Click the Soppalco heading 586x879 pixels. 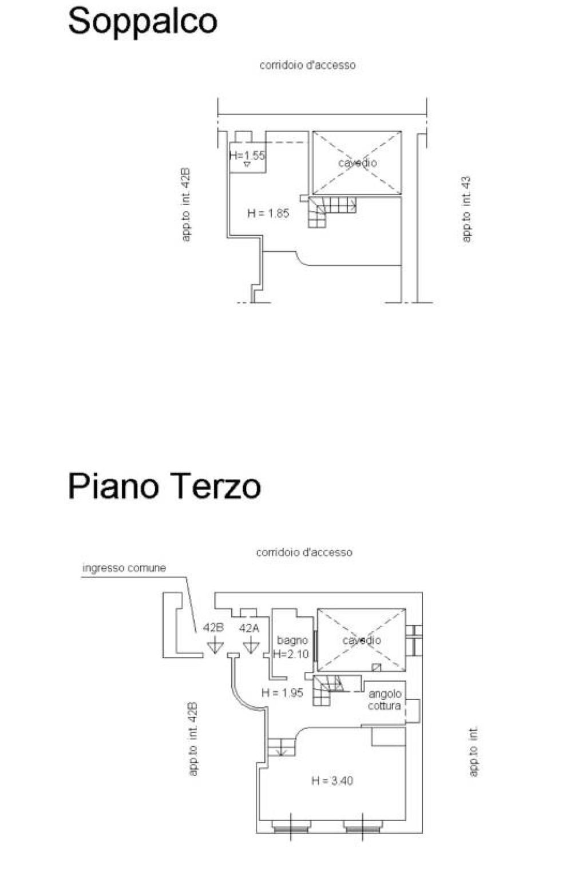[x=142, y=22]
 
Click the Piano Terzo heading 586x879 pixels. [x=164, y=486]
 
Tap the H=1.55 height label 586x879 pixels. [x=247, y=155]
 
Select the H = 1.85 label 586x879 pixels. [x=268, y=213]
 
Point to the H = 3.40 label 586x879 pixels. [x=332, y=780]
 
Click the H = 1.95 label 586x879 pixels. [x=282, y=692]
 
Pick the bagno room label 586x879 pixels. [x=292, y=640]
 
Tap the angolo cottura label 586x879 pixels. [x=385, y=700]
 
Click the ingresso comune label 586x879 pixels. [x=124, y=568]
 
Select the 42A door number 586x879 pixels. [x=249, y=628]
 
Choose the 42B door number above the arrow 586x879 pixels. [x=213, y=627]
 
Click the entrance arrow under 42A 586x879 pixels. [x=250, y=646]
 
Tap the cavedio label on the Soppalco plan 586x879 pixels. [x=357, y=163]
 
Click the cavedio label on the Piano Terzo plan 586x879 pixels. [x=362, y=640]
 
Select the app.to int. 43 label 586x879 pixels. [x=466, y=209]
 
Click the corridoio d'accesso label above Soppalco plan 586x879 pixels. [x=307, y=65]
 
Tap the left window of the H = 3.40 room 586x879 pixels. [x=291, y=826]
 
